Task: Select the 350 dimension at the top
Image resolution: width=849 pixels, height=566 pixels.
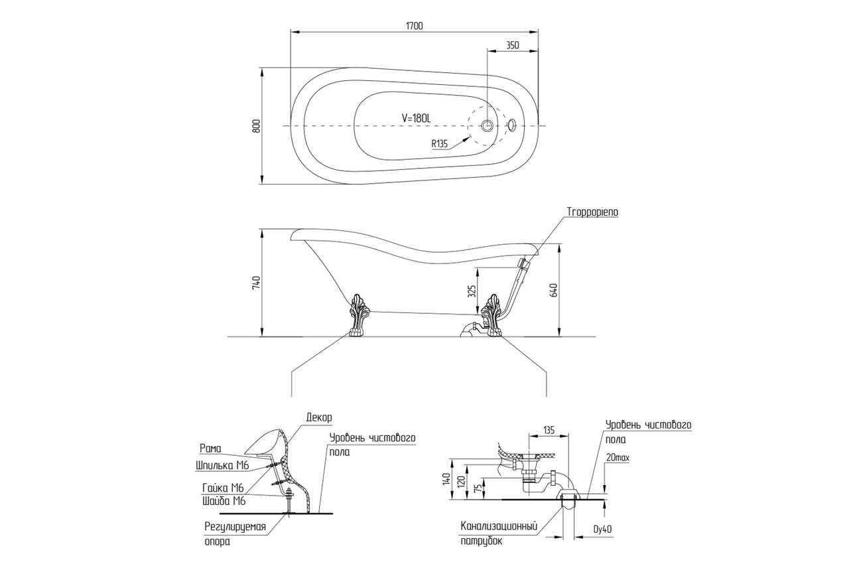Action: pyautogui.click(x=512, y=45)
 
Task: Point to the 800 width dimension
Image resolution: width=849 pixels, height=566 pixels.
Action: pyautogui.click(x=256, y=126)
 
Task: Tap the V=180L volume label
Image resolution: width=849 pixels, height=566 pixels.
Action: pyautogui.click(x=417, y=117)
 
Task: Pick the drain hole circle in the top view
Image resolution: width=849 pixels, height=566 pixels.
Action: pyautogui.click(x=488, y=125)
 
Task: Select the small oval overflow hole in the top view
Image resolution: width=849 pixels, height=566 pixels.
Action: pyautogui.click(x=511, y=125)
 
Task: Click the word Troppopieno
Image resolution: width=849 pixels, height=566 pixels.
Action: pyautogui.click(x=592, y=212)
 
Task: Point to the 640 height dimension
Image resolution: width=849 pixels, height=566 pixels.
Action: pyautogui.click(x=555, y=290)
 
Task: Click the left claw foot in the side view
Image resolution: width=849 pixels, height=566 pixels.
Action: pyautogui.click(x=359, y=316)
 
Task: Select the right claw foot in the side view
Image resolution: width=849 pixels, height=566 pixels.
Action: pyautogui.click(x=493, y=316)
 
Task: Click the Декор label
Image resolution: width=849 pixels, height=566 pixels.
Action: pyautogui.click(x=319, y=417)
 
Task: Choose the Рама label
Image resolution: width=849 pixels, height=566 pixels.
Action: pyautogui.click(x=210, y=449)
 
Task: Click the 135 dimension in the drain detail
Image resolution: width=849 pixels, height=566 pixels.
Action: pyautogui.click(x=549, y=429)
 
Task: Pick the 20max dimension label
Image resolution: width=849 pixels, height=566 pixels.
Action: pyautogui.click(x=618, y=458)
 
